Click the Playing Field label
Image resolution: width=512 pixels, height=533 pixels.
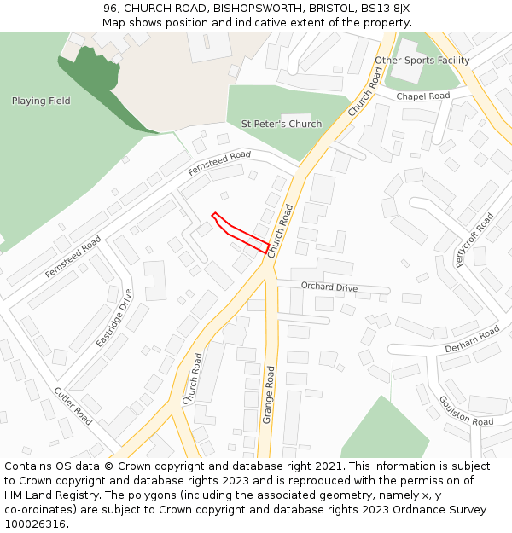point(41,101)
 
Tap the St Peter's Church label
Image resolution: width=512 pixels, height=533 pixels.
point(282,124)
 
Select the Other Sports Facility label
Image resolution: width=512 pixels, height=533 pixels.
point(422,61)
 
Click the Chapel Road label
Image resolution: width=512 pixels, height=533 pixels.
point(422,96)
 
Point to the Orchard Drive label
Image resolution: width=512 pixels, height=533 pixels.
point(329,287)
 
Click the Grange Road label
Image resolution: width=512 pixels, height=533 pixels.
point(269,395)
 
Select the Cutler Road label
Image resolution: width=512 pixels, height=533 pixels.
point(73,406)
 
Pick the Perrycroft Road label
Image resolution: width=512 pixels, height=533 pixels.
point(474,240)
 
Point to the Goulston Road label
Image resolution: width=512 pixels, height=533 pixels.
point(467,409)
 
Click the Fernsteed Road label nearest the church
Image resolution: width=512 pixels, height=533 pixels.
point(219,163)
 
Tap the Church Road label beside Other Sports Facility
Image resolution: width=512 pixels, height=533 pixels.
point(365,92)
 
